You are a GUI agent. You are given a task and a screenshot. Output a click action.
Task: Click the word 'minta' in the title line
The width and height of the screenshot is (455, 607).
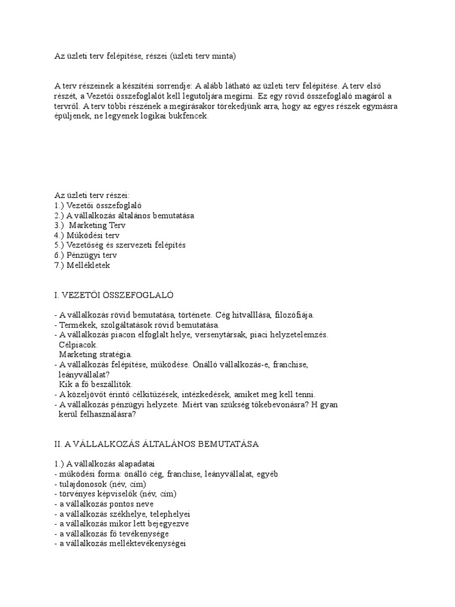click(x=222, y=56)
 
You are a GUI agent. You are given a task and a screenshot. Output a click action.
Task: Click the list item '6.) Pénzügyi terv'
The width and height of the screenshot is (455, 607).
click(x=85, y=255)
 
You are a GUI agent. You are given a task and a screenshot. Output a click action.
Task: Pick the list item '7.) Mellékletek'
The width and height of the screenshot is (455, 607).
click(x=82, y=265)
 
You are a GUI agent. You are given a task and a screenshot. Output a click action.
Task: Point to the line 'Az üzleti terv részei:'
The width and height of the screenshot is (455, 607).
click(x=92, y=195)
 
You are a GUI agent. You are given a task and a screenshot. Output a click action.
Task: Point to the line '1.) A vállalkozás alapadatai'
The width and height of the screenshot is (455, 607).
click(x=104, y=464)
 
